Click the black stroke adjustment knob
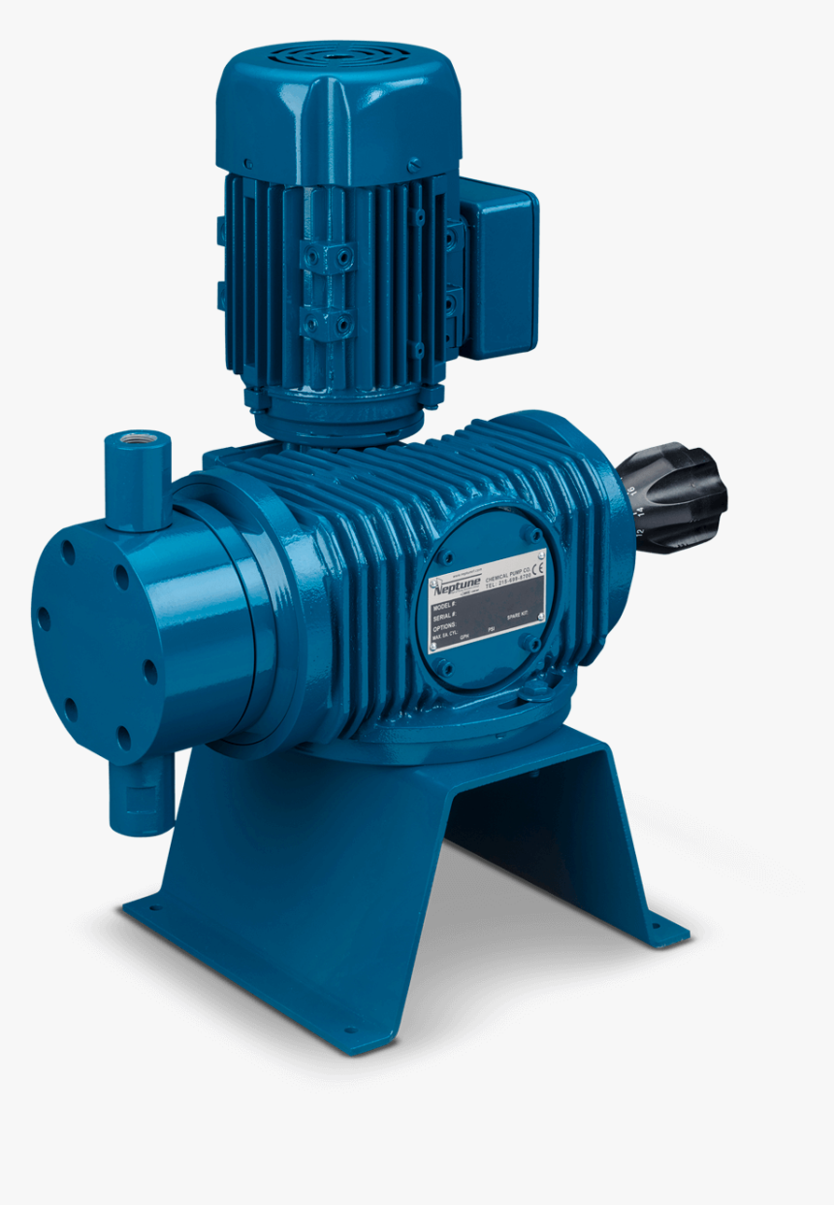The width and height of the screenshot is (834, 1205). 679,495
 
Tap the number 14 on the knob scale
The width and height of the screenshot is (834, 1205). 641,513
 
